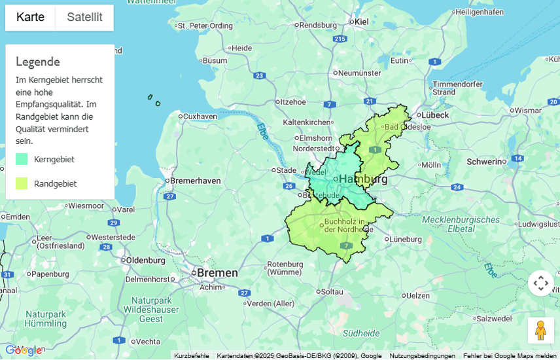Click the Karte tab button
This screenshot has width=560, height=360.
coord(31,18)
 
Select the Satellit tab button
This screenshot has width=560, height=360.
coord(84,18)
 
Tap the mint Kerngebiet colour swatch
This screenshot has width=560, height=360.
coord(22,159)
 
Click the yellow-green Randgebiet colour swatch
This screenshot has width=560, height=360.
coord(22,183)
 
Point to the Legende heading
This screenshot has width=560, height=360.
coord(38,62)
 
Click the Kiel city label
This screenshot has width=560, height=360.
coord(361,22)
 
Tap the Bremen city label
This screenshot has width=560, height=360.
coord(217,272)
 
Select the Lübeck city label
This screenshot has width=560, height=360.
coord(435,115)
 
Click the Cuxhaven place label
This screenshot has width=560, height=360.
coord(200,117)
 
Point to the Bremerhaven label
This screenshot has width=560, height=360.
coord(194,180)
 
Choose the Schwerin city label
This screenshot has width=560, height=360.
coord(483,161)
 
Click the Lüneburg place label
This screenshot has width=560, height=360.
coord(406,240)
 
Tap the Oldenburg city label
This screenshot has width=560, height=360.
coord(145,260)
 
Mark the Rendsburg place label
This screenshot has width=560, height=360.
coord(318,26)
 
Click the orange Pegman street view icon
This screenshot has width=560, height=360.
coord(540,331)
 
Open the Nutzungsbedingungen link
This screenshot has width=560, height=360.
coord(422,356)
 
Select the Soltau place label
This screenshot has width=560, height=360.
coord(332,291)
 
